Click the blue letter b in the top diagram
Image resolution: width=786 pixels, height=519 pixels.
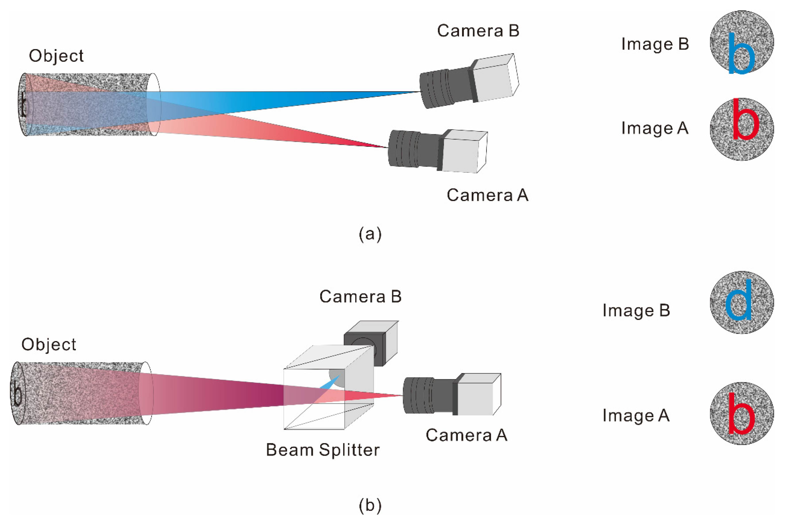click(x=741, y=55)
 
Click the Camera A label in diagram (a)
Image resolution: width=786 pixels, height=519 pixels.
click(x=487, y=195)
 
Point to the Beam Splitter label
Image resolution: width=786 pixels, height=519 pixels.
click(x=323, y=450)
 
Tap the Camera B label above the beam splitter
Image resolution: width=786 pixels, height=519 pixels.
click(x=360, y=296)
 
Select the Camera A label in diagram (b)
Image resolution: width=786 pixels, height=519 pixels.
click(x=466, y=435)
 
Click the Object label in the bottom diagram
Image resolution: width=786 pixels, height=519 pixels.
click(x=49, y=345)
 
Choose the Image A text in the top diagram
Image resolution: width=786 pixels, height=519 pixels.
click(x=655, y=128)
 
